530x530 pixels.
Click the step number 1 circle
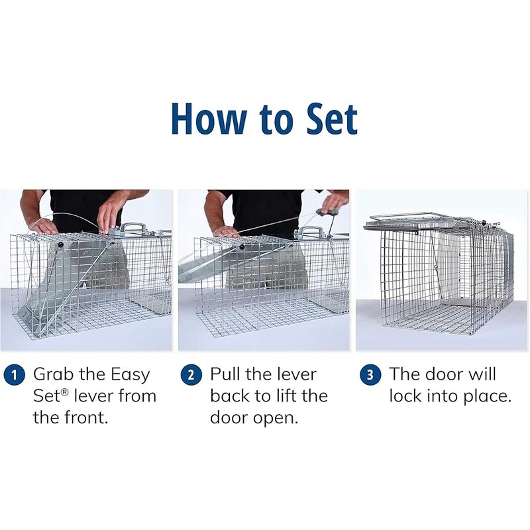tap(11, 374)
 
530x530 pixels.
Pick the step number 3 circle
tap(368, 374)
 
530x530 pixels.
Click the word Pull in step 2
tap(226, 374)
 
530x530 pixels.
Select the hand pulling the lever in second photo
tap(335, 200)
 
